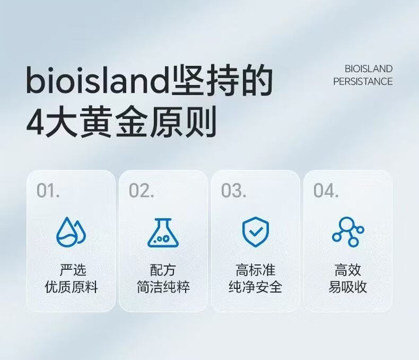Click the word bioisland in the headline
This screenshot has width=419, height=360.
pyautogui.click(x=98, y=80)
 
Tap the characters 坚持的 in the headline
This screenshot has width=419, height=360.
pyautogui.click(x=222, y=80)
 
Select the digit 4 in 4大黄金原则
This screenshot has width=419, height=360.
pyautogui.click(x=36, y=123)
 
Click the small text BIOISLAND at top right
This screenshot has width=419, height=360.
pyautogui.click(x=369, y=68)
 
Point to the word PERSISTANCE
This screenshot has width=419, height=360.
pyautogui.click(x=363, y=81)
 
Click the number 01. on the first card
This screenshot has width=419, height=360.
pyautogui.click(x=48, y=191)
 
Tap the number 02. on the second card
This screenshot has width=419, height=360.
pyautogui.click(x=142, y=191)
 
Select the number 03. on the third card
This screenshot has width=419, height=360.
pyautogui.click(x=233, y=191)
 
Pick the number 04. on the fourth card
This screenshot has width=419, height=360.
pyautogui.click(x=326, y=191)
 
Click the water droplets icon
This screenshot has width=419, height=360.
pyautogui.click(x=71, y=232)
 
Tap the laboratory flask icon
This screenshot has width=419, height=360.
pyautogui.click(x=163, y=233)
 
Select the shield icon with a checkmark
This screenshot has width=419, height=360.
pyautogui.click(x=256, y=232)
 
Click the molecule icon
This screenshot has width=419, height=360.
pyautogui.click(x=348, y=232)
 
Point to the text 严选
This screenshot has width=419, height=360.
pyautogui.click(x=73, y=270)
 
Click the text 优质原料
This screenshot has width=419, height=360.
pyautogui.click(x=72, y=287)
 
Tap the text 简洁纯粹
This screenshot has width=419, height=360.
pyautogui.click(x=163, y=287)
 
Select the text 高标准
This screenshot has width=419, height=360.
pyautogui.click(x=256, y=270)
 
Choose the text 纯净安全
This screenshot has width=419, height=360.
pyautogui.click(x=256, y=287)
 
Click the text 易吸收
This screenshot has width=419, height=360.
pyautogui.click(x=347, y=287)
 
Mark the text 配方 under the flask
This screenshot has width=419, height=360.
pyautogui.click(x=163, y=270)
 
